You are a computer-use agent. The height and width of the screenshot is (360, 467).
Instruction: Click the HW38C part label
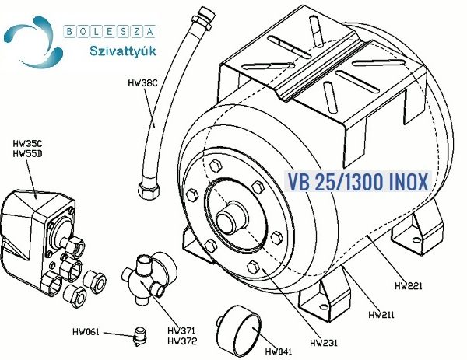[142, 82]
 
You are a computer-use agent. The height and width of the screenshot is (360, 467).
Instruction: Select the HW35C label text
[27, 144]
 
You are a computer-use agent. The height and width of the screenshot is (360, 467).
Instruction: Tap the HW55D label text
[27, 154]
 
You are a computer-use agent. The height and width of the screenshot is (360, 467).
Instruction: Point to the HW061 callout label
[86, 332]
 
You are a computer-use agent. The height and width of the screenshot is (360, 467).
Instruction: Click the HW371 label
[181, 331]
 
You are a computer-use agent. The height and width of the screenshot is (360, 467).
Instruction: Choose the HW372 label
[182, 341]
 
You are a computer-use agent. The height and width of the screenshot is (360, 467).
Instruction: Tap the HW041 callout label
[279, 351]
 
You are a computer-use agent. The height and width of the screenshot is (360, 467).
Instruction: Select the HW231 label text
[324, 343]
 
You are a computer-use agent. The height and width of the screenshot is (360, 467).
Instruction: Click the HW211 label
[381, 315]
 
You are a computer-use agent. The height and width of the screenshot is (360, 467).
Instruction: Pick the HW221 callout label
[409, 286]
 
